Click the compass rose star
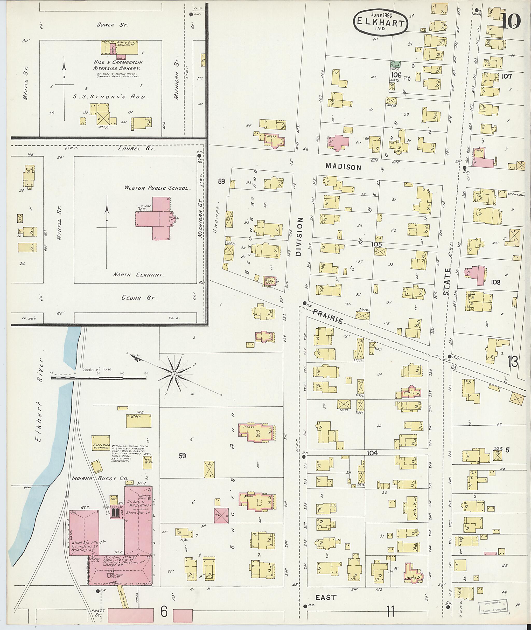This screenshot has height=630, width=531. [174, 374]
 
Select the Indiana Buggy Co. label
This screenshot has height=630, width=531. [100, 478]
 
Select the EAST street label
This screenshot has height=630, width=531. [326, 597]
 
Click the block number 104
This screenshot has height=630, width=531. [372, 453]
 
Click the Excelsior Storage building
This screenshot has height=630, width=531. [101, 442]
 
